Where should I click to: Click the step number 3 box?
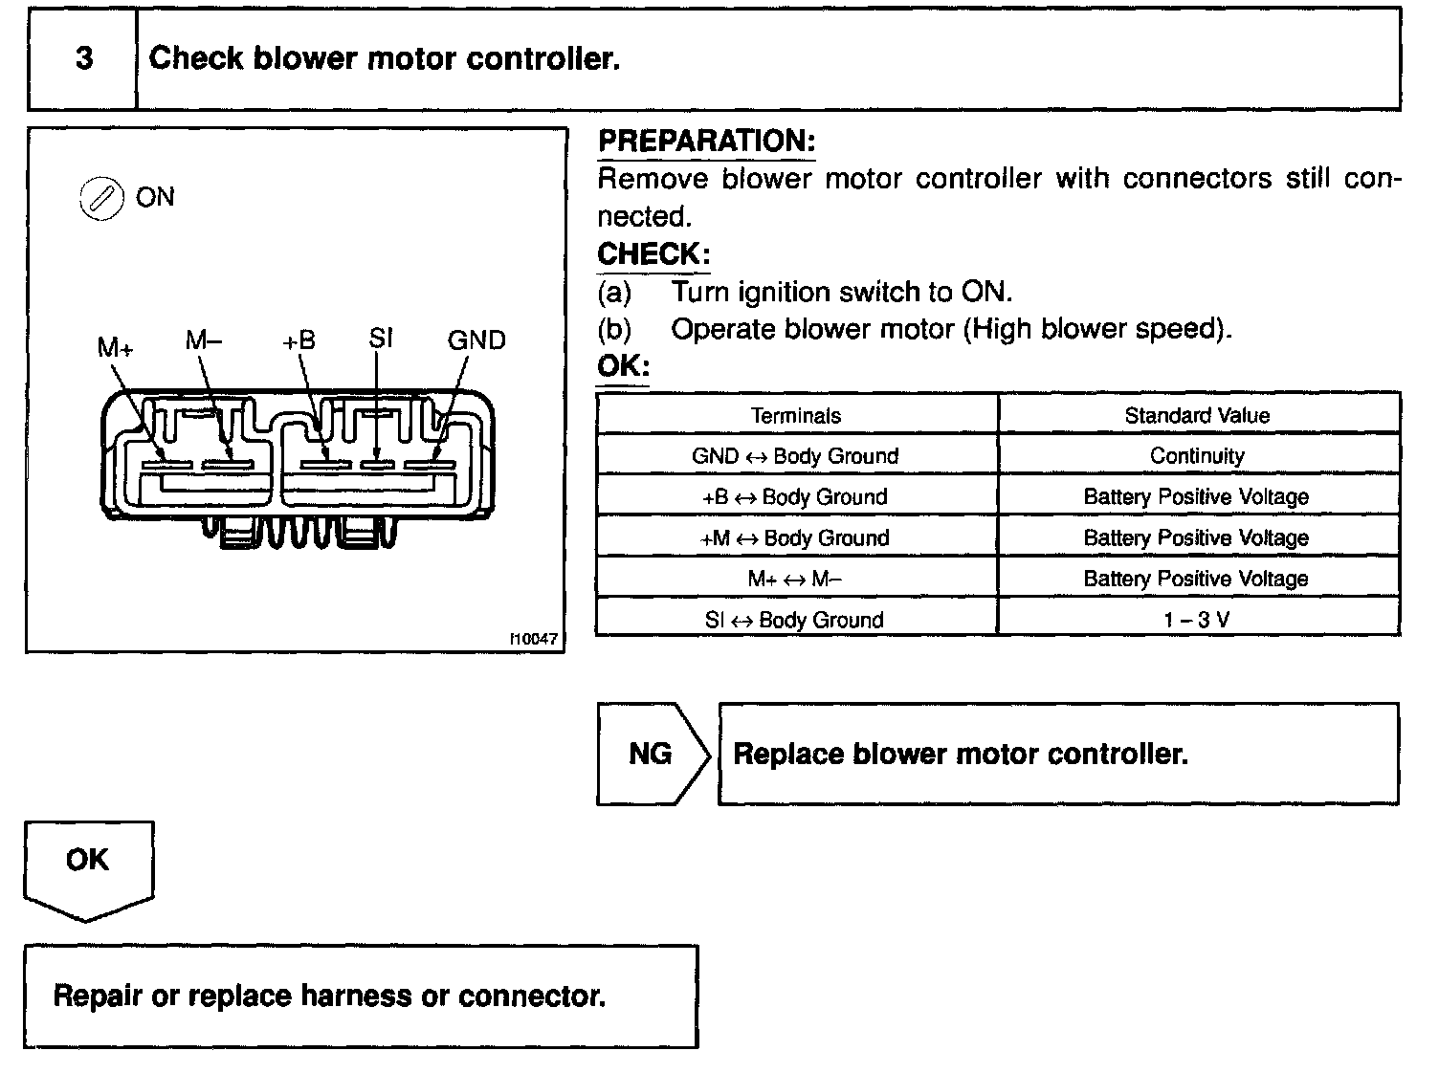coord(83,59)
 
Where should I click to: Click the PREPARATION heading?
coord(706,142)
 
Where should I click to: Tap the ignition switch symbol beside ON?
coord(100,199)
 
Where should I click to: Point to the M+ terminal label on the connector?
coord(115,346)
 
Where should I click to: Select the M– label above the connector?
coord(204,340)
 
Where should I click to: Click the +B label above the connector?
coord(299,340)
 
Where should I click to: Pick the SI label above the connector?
coord(380,339)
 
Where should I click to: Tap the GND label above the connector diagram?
coord(476,340)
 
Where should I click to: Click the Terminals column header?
coord(795,415)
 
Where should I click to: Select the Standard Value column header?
coord(1197,415)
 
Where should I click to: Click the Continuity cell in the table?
coord(1197,456)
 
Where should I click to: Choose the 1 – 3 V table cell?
coord(1197,620)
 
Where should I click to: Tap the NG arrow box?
coord(652,754)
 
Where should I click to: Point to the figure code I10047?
coord(533,639)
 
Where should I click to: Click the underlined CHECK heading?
coord(653,255)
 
